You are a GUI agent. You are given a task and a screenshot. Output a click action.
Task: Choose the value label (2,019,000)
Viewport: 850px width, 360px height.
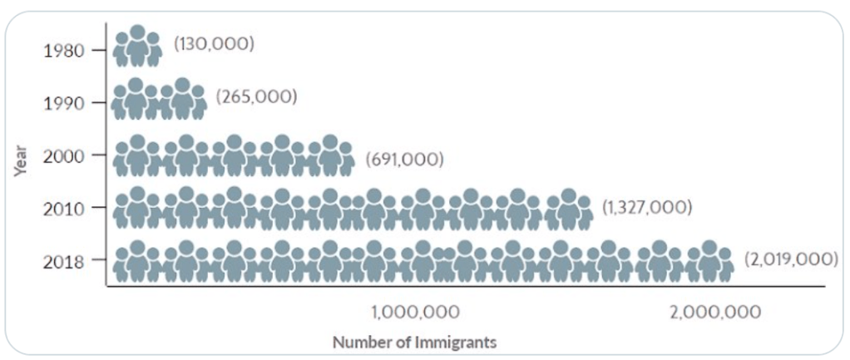[x=790, y=259]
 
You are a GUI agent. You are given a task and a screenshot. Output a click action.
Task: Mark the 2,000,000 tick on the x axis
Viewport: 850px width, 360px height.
[x=716, y=313]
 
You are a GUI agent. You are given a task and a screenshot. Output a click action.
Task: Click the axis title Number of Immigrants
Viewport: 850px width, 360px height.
[x=415, y=342]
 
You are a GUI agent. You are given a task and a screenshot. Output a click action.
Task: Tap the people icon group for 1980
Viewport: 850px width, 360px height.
[x=137, y=47]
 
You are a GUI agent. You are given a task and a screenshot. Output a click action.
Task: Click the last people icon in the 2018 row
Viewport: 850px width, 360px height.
[x=709, y=261]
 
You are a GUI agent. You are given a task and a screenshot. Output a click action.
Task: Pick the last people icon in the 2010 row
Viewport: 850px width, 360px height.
[x=568, y=209]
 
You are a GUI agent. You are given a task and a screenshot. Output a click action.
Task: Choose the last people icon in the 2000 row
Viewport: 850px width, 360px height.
[x=330, y=156]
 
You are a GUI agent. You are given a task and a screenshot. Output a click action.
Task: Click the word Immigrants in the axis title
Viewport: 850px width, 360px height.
[x=461, y=342]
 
